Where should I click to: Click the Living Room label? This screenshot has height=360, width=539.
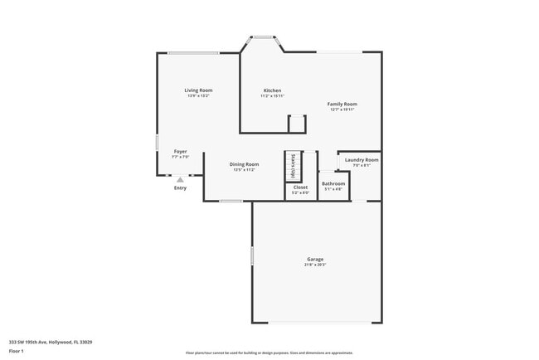tap(198, 90)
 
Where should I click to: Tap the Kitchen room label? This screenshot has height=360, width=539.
tap(272, 90)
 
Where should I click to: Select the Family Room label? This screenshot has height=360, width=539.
tap(342, 104)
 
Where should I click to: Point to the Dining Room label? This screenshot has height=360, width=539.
tap(244, 164)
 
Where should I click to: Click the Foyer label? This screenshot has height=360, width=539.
tap(180, 152)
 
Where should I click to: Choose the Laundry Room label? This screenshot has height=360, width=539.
tap(362, 159)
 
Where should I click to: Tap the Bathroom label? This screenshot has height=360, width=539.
tap(333, 183)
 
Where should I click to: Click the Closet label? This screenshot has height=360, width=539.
tap(300, 187)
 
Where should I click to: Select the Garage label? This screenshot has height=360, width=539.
tap(315, 259)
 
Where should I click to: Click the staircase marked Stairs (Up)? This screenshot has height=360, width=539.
tap(293, 166)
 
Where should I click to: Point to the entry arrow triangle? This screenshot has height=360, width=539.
tap(180, 178)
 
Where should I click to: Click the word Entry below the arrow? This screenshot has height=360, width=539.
tap(180, 188)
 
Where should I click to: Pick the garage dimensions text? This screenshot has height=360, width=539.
tap(315, 265)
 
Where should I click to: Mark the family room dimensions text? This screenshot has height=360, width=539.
tap(342, 109)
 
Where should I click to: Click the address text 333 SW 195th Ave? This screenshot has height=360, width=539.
tap(51, 341)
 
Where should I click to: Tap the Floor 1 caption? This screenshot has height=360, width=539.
tap(17, 350)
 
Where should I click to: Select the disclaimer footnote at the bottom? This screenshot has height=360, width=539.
tap(269, 353)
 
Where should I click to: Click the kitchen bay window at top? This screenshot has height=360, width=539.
tap(264, 36)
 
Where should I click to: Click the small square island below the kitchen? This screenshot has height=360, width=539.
tap(297, 124)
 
